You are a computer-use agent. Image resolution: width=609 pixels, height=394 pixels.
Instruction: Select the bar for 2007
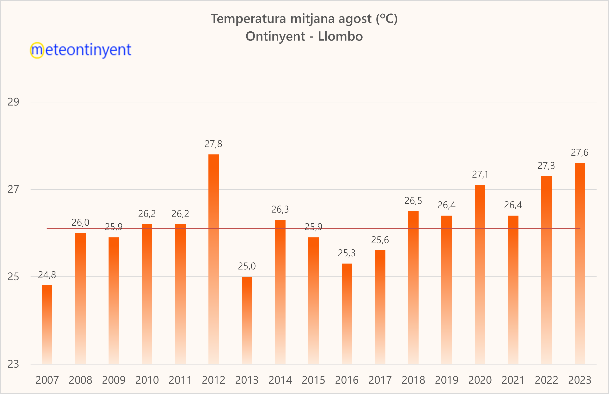[47, 324]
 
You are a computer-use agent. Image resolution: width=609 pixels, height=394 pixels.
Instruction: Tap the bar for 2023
[579, 263]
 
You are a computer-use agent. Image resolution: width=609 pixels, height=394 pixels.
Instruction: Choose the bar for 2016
[347, 313]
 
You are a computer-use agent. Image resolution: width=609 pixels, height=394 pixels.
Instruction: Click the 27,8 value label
[213, 144]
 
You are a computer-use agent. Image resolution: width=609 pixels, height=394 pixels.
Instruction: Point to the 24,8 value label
[47, 275]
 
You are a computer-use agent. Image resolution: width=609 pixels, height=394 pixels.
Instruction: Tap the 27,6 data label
[579, 153]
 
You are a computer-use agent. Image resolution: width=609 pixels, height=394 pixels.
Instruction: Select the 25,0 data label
[247, 266]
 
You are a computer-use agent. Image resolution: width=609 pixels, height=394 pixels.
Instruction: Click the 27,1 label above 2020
[480, 175]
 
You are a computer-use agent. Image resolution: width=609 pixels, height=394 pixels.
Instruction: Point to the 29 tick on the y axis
[13, 102]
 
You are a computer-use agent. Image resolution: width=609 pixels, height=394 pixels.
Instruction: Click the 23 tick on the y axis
[13, 364]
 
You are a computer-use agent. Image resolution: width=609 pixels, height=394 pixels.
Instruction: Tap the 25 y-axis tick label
[13, 277]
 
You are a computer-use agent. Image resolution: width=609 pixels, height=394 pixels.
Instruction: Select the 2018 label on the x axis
[413, 380]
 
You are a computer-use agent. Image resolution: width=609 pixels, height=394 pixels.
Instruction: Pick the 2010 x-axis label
[147, 380]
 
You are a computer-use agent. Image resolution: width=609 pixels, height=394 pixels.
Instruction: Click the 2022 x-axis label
[546, 380]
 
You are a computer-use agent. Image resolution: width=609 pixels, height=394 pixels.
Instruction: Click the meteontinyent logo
[81, 50]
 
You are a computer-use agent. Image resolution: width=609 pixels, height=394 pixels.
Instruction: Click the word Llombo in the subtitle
[340, 36]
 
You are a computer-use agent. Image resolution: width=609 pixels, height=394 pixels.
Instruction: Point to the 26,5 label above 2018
[413, 201]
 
